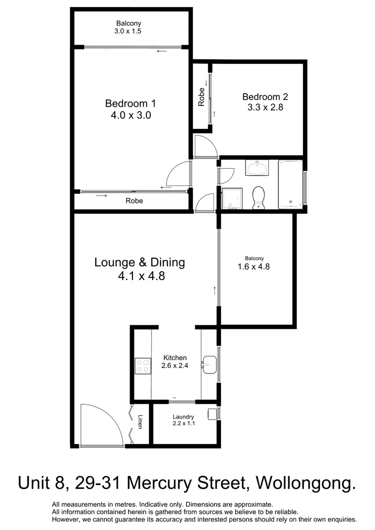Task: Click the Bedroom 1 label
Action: [x=130, y=104]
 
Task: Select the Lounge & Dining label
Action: [x=139, y=262]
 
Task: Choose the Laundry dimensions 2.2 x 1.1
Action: [x=184, y=424]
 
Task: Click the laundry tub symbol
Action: [x=213, y=414]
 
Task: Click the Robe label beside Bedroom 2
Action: [x=201, y=97]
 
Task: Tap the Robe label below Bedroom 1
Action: [x=134, y=201]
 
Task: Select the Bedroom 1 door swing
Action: [x=179, y=174]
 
